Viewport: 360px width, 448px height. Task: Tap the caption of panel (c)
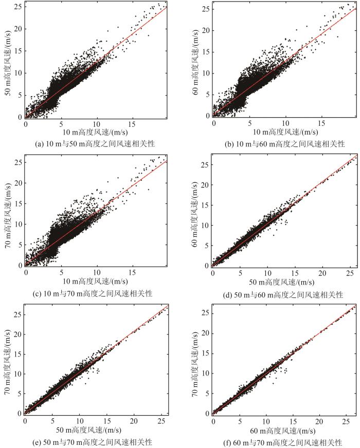(x=95, y=293)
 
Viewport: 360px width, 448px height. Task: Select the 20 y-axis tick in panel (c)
(x=18, y=182)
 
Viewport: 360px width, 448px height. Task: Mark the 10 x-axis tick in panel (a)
(x=97, y=123)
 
